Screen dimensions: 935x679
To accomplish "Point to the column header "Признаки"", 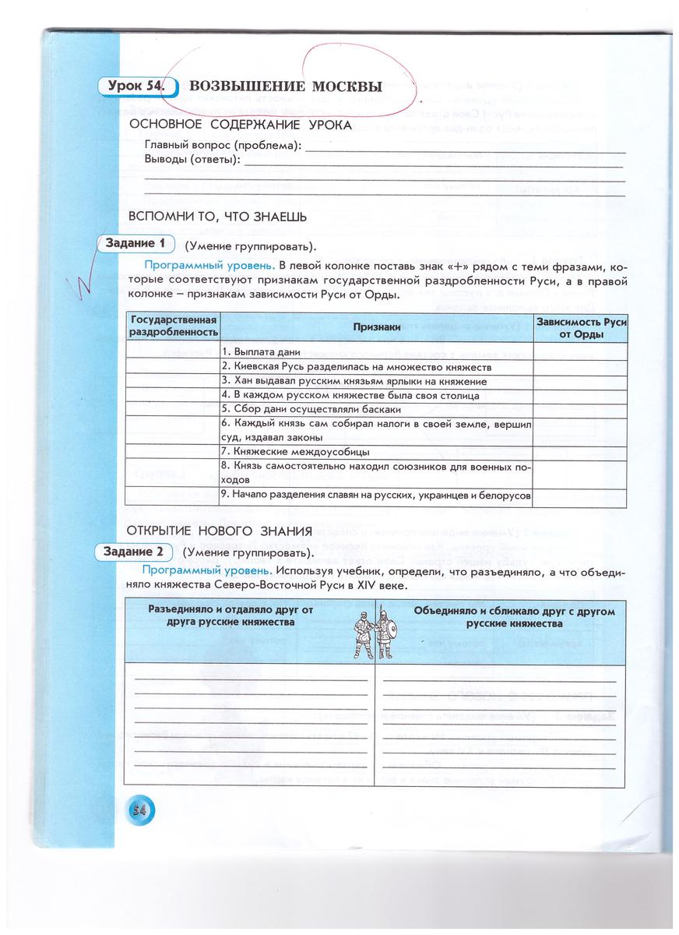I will click(376, 328).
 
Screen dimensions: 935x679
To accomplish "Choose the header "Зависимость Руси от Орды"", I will click(581, 328).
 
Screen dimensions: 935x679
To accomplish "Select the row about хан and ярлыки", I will click(354, 381).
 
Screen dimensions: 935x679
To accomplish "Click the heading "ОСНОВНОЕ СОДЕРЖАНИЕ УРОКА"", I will click(241, 125).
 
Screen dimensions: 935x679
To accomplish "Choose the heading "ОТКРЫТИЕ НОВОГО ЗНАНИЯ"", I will click(220, 531).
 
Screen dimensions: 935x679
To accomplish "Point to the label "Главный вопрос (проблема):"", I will click(223, 146).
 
